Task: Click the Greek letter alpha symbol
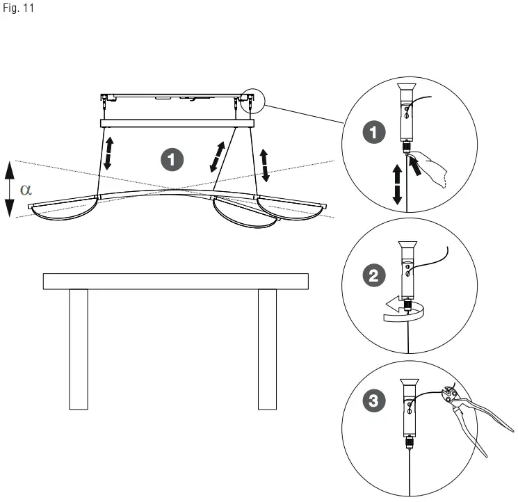[x=26, y=190]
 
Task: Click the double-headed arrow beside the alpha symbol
[x=8, y=189]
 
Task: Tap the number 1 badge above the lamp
[x=172, y=159]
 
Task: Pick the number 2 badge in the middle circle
[x=375, y=275]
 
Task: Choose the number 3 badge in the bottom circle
[x=375, y=401]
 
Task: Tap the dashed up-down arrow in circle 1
[x=397, y=184]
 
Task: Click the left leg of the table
[x=79, y=349]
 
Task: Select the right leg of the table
[x=267, y=349]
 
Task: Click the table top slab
[x=175, y=281]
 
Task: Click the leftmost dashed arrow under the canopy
[x=109, y=153]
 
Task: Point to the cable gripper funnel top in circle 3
[x=407, y=382]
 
